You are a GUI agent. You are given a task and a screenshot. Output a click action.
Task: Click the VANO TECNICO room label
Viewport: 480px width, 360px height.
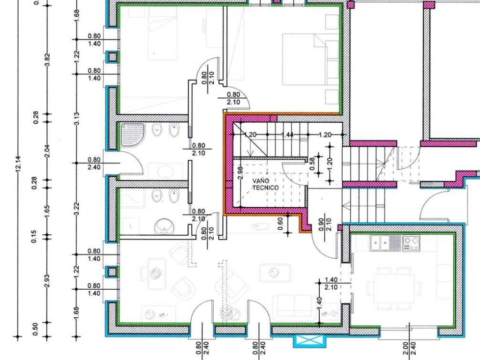pyautogui.click(x=265, y=184)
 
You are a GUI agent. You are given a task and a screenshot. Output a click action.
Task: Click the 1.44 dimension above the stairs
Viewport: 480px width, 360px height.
pyautogui.click(x=287, y=135)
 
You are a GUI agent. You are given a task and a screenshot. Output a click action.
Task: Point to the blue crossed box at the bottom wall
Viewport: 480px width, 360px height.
pyautogui.click(x=309, y=341)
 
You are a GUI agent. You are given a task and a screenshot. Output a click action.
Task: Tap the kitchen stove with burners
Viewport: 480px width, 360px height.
pyautogui.click(x=411, y=243)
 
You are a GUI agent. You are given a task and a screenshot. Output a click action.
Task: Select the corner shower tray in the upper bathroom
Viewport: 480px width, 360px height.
pyautogui.click(x=132, y=135)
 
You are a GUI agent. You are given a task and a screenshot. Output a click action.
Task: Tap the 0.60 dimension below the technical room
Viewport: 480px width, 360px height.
pyautogui.click(x=280, y=224)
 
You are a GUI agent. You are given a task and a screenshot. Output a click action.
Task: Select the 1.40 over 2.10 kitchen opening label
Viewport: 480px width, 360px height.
pyautogui.click(x=331, y=284)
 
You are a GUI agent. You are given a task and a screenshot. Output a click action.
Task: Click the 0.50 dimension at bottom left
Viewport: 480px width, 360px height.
pyautogui.click(x=35, y=329)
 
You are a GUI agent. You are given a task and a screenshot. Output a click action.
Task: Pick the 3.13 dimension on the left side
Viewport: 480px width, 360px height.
pyautogui.click(x=76, y=119)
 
